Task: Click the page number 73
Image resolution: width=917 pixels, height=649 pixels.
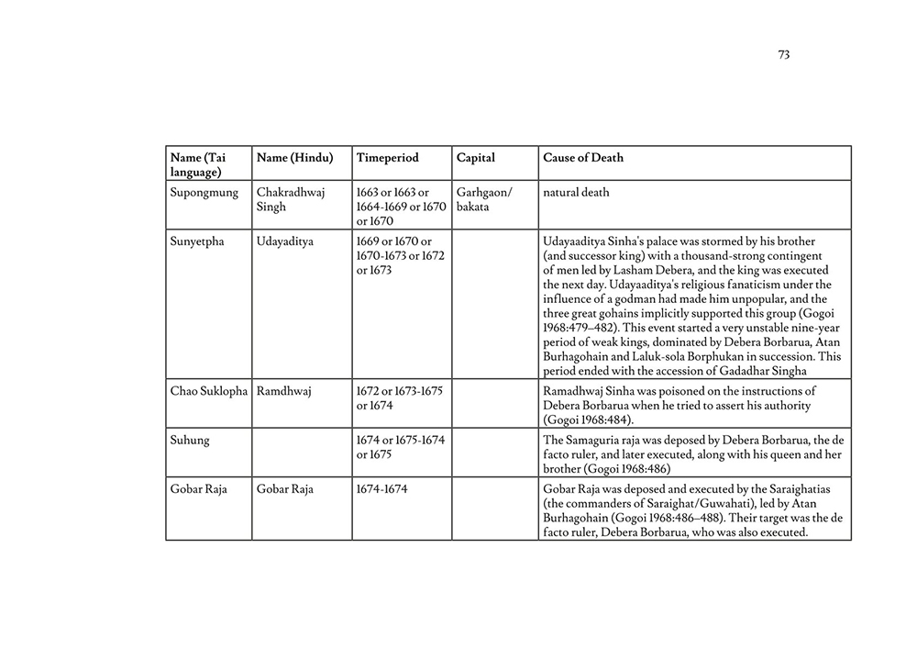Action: coord(783,55)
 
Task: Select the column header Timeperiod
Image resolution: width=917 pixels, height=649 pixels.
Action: coord(387,158)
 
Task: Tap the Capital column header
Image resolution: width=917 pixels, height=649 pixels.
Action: coord(475,158)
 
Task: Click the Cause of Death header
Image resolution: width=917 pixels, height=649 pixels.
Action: coord(582,158)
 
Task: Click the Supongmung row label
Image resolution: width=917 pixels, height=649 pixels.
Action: coord(204,193)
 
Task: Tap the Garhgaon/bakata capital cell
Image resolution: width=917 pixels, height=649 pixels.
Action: coord(484,200)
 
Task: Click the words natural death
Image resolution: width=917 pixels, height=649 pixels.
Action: coord(576,193)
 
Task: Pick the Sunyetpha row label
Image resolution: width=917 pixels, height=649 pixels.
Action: coord(197,242)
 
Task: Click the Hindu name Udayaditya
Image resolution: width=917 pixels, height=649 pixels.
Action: coord(285,242)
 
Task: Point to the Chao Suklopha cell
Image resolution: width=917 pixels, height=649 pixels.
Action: coord(209,391)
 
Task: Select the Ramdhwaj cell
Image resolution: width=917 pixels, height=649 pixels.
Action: coord(284,391)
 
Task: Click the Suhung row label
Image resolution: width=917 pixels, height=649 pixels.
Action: coord(190,441)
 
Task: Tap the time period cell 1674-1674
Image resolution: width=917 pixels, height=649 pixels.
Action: coord(382,489)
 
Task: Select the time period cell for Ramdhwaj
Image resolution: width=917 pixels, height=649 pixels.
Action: coord(400,397)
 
